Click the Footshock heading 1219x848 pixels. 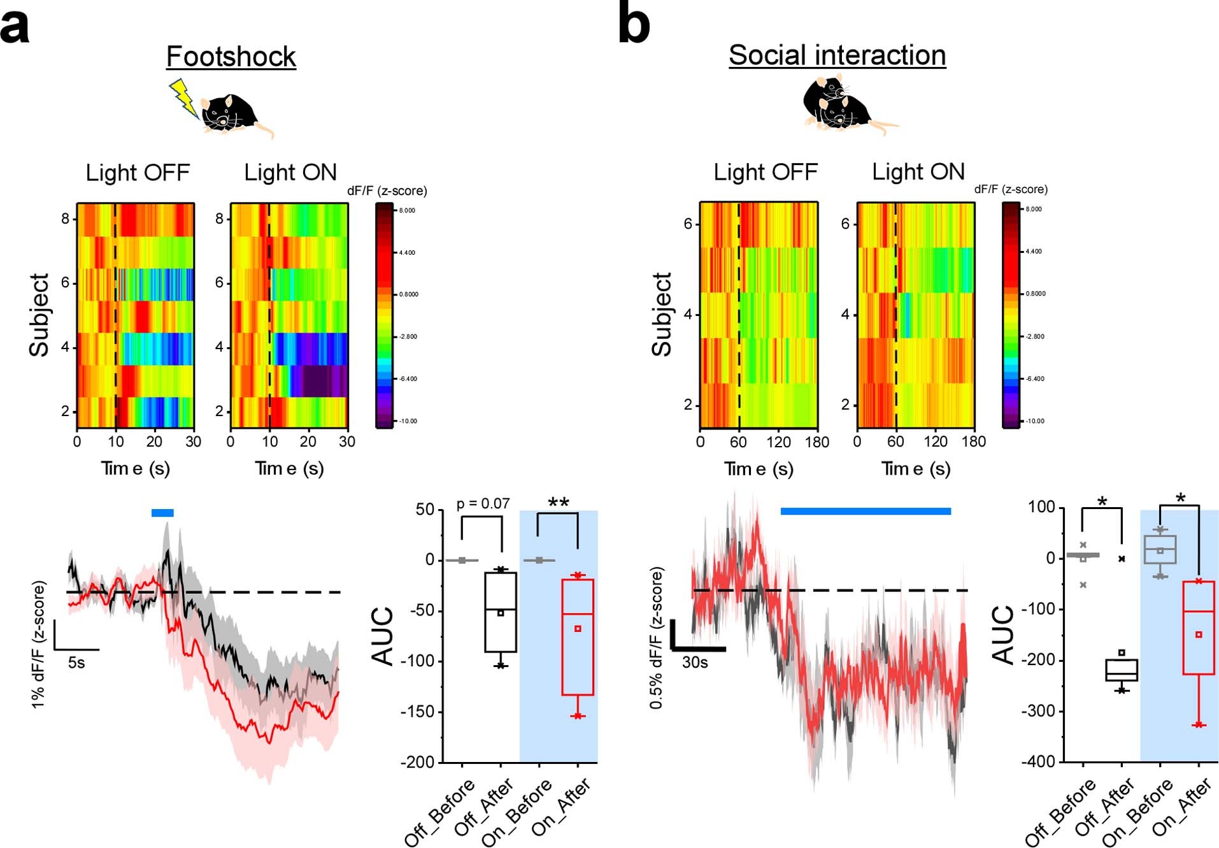point(231,57)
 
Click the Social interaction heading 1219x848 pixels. point(836,55)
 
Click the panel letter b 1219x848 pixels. point(634,25)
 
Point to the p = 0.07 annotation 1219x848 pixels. point(483,504)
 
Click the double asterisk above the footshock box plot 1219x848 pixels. point(558,503)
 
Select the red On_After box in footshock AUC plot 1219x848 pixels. point(578,637)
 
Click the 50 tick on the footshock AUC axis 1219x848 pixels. point(424,510)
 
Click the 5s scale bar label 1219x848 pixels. point(76,663)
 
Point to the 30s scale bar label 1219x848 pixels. point(695,663)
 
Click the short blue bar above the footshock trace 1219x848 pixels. point(162,513)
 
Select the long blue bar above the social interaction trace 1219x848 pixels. point(866,511)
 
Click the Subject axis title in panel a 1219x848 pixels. point(39,315)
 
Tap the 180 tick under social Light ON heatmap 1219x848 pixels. point(973,442)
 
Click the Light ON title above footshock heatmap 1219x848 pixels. point(290,172)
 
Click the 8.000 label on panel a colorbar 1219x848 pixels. point(407,210)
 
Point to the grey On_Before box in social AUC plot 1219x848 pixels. point(1160,549)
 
